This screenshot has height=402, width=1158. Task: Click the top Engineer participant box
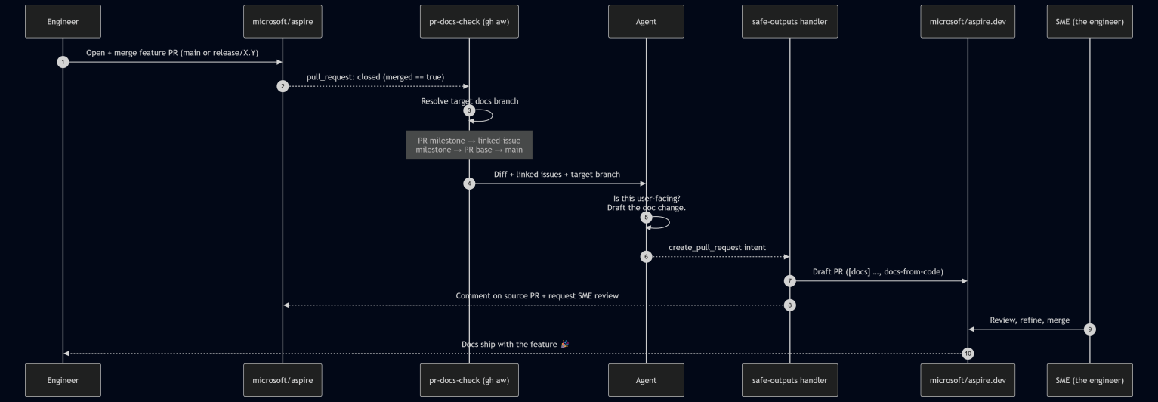click(x=63, y=22)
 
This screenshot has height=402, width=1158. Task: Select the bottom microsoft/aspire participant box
click(x=283, y=380)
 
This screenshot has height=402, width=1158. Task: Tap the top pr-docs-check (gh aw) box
click(x=469, y=22)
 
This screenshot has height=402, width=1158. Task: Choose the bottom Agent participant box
click(x=646, y=380)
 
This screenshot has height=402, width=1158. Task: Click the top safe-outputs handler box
click(x=790, y=22)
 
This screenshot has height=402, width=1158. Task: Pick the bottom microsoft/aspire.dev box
click(x=968, y=380)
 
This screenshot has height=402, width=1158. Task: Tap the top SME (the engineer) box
click(x=1090, y=22)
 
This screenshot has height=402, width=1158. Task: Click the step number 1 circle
click(x=63, y=62)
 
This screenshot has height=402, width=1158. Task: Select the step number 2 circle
click(x=283, y=86)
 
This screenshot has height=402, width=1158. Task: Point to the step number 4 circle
click(x=469, y=184)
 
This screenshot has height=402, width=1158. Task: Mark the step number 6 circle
click(x=646, y=257)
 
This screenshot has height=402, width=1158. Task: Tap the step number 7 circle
click(x=790, y=281)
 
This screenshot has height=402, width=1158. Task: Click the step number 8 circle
click(x=790, y=305)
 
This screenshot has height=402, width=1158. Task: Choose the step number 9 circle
click(x=1090, y=329)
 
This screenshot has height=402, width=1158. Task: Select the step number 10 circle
click(x=968, y=354)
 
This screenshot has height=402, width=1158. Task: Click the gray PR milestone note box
click(x=469, y=145)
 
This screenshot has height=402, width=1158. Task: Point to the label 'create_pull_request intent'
click(x=717, y=248)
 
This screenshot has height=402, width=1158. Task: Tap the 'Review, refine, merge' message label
click(x=1030, y=320)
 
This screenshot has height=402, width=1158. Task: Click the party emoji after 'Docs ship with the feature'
click(x=564, y=344)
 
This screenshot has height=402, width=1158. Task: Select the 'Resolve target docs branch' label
click(x=469, y=101)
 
